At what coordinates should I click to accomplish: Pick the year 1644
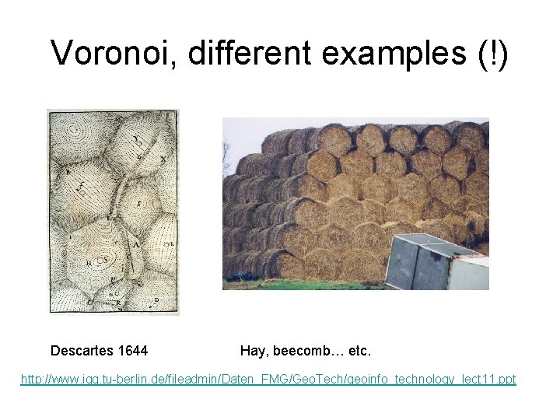tap(134, 351)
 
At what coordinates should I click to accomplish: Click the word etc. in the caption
tap(359, 351)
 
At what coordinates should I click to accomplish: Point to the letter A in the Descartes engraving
tap(138, 243)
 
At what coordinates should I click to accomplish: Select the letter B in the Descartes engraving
tap(69, 170)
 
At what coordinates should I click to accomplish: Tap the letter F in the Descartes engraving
tap(138, 204)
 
